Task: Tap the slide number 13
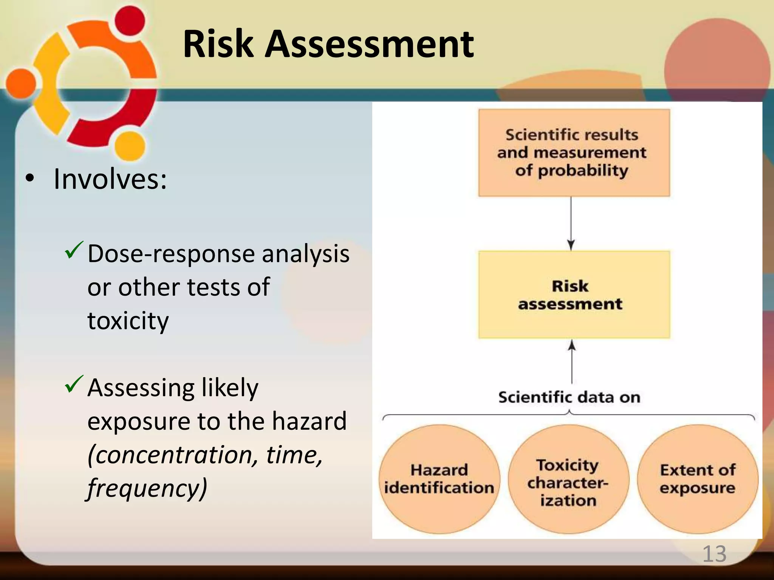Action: pyautogui.click(x=714, y=554)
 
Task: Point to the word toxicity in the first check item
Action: pyautogui.click(x=128, y=321)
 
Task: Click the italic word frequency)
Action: pyautogui.click(x=147, y=488)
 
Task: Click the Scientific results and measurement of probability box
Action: pyautogui.click(x=574, y=153)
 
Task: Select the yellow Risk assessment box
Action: pyautogui.click(x=574, y=295)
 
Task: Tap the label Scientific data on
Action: pyautogui.click(x=569, y=397)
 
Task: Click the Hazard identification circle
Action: pyautogui.click(x=439, y=479)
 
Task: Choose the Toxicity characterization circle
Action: pyautogui.click(x=568, y=479)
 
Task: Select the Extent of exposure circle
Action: pyautogui.click(x=698, y=479)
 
